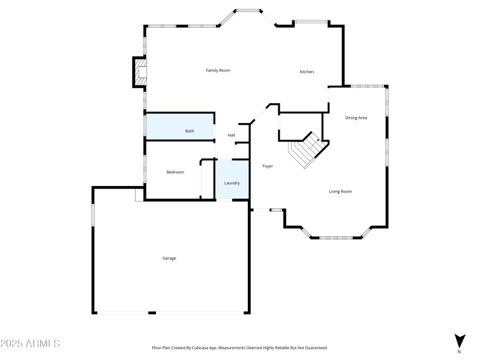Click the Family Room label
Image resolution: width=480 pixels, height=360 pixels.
click(x=218, y=70)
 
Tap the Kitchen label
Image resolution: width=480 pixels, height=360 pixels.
click(x=307, y=72)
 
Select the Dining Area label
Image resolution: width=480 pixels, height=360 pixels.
click(x=356, y=118)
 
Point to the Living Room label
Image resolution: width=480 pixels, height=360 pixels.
click(x=340, y=191)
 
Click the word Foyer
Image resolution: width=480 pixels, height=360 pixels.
click(x=268, y=166)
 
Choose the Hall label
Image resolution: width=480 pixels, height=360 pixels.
click(x=231, y=135)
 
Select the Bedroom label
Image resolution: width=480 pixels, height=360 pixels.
click(x=175, y=172)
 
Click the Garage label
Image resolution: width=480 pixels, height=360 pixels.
click(x=169, y=258)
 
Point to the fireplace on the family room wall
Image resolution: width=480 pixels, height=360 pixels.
click(x=140, y=72)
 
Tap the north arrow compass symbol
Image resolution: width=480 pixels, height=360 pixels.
click(x=459, y=340)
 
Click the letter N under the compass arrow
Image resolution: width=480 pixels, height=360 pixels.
click(x=459, y=352)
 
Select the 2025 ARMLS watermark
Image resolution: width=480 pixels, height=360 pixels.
click(x=30, y=344)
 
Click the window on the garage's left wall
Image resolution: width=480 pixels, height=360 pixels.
click(x=92, y=215)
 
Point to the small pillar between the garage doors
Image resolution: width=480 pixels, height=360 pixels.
click(x=152, y=313)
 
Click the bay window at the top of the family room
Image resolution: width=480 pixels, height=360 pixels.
click(x=248, y=10)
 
